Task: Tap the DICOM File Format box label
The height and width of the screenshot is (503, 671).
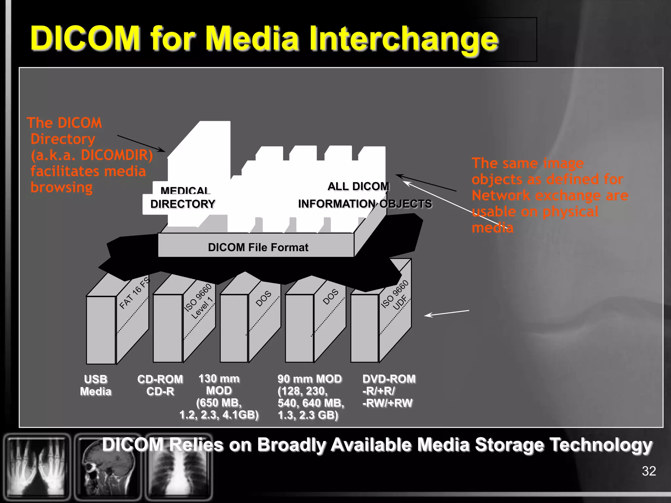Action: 258,247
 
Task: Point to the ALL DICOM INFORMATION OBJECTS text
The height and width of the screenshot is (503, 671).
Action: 364,195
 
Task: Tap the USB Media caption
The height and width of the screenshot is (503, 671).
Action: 96,385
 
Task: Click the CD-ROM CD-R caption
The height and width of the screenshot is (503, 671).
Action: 160,385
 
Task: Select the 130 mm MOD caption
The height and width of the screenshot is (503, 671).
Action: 219,397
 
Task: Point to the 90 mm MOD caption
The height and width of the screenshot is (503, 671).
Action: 310,397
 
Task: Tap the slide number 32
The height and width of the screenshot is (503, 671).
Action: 649,471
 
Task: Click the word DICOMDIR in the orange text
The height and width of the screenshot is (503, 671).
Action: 117,155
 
